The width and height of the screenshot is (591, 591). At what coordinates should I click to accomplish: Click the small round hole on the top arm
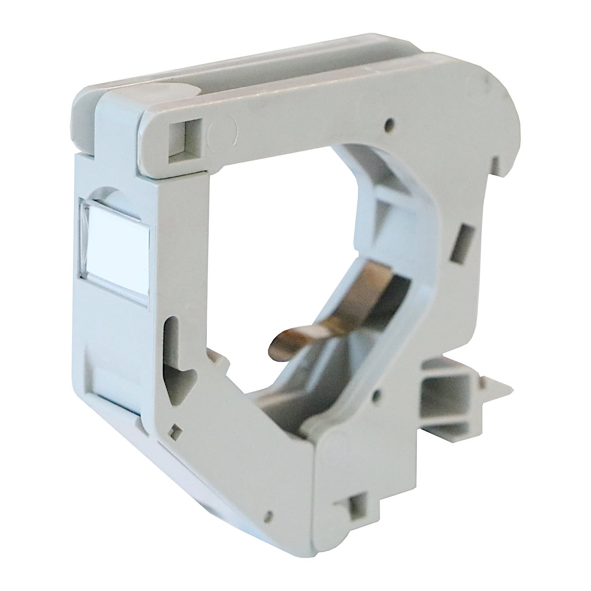tap(389, 124)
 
